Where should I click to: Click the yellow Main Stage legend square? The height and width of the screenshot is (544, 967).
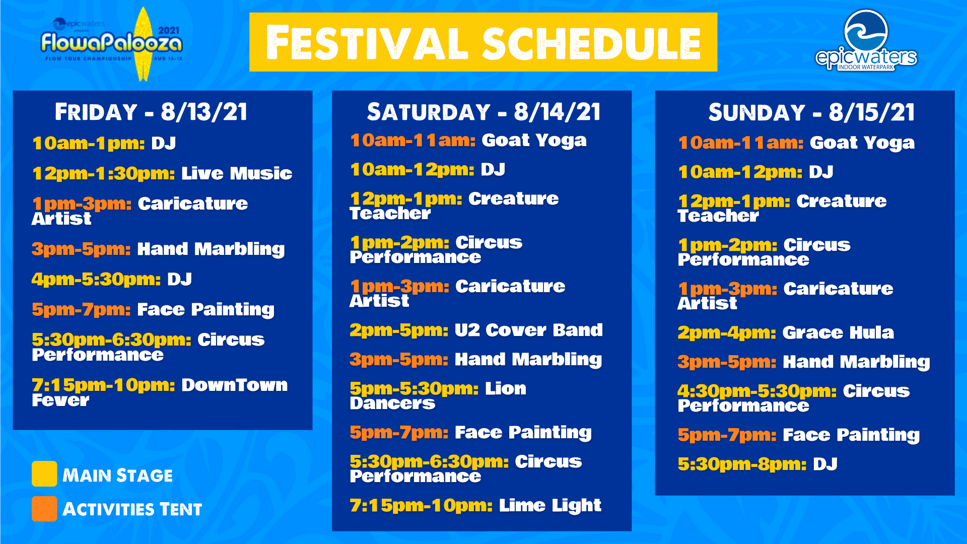click(x=44, y=473)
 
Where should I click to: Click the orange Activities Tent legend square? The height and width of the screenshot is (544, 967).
click(x=44, y=509)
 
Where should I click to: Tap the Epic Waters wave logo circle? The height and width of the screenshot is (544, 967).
click(x=866, y=31)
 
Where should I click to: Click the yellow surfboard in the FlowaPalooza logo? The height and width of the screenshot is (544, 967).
click(x=144, y=44)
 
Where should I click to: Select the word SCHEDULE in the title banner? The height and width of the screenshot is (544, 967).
click(x=592, y=44)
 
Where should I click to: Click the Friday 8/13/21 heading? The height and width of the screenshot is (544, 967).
click(x=151, y=112)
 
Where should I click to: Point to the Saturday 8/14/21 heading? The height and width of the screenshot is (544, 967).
click(x=483, y=112)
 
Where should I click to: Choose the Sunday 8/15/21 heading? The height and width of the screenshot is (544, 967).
click(x=811, y=112)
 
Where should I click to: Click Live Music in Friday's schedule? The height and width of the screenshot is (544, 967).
click(x=237, y=173)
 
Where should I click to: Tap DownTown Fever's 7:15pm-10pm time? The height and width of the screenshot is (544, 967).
click(x=103, y=385)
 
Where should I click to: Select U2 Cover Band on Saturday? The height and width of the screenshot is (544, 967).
click(x=529, y=330)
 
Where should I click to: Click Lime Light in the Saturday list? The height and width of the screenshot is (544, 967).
click(x=550, y=505)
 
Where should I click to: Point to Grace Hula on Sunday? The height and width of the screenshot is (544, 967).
click(x=838, y=332)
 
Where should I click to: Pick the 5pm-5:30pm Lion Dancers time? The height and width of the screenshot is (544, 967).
click(x=414, y=388)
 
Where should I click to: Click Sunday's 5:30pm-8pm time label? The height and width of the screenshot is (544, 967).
click(x=742, y=464)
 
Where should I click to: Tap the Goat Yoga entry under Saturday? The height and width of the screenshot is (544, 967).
click(x=534, y=141)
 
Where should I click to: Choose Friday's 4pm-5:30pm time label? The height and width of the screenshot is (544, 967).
click(x=96, y=279)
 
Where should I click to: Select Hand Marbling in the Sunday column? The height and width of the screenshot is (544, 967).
click(x=856, y=362)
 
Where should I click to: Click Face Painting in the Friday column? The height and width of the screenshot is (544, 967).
click(x=205, y=309)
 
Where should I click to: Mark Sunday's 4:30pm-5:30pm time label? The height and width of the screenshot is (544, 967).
click(x=757, y=391)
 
